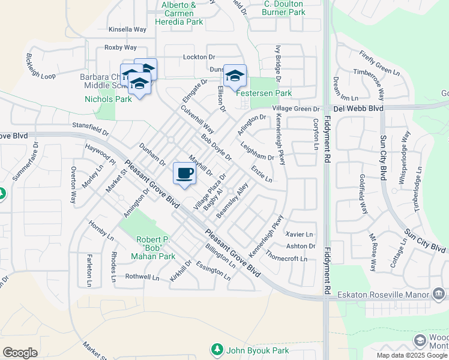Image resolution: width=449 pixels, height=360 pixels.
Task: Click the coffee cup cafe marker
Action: pos(185,173)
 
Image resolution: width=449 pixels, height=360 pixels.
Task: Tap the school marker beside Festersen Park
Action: pos(235,76)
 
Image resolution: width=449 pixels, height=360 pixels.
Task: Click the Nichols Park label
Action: pos(108,99)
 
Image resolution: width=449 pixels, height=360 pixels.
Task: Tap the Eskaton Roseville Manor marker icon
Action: pos(438,294)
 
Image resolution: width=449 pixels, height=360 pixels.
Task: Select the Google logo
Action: pos(20,353)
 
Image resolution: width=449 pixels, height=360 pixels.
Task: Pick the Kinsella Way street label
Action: pos(127,29)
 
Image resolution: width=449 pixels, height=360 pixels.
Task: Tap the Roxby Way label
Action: pos(121,47)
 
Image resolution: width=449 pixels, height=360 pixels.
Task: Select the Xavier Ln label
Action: pos(300,234)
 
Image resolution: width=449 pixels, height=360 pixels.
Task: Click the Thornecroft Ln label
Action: pos(286,259)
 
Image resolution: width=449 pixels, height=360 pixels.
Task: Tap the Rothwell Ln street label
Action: pos(142,277)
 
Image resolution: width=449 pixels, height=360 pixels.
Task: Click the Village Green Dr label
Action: pos(296,109)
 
